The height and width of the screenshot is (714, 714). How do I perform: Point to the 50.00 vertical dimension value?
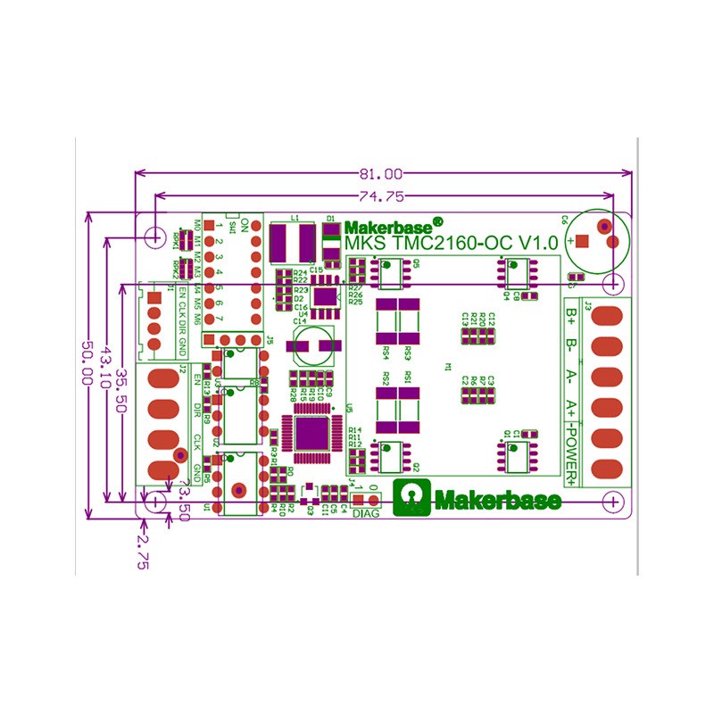pyautogui.click(x=87, y=366)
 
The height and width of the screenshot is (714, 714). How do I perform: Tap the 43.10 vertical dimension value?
pyautogui.click(x=107, y=366)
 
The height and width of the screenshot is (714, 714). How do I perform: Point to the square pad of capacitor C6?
pyautogui.click(x=582, y=241)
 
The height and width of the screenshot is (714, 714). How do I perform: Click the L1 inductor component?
pyautogui.click(x=294, y=240)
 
